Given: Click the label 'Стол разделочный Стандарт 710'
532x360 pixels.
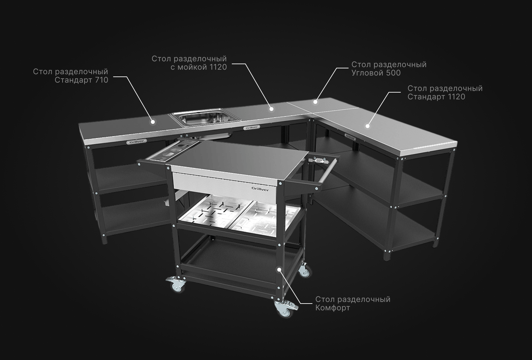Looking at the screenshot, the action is point(71,76).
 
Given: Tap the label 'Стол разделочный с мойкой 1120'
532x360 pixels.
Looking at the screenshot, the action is point(189,63).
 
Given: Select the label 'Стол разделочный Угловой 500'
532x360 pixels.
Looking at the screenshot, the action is point(389,69).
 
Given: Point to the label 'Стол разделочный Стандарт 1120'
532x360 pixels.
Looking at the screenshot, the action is point(445,93).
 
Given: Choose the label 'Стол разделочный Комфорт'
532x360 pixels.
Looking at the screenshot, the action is point(353,304).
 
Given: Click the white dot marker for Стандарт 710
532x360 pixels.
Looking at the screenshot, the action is point(153,122).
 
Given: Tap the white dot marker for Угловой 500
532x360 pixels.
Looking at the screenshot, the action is point(315,102).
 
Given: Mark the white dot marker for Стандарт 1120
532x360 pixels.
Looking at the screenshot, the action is point(368,126).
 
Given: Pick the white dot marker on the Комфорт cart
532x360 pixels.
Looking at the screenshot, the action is point(279,269).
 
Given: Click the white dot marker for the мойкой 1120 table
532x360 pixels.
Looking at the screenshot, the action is point(271,109).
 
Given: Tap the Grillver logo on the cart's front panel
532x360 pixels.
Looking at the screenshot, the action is point(260,189).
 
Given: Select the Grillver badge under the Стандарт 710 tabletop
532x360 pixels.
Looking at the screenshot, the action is point(137,142).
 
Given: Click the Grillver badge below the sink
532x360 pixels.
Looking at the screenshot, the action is point(251,128).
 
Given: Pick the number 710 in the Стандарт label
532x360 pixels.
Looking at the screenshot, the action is point(102,80).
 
